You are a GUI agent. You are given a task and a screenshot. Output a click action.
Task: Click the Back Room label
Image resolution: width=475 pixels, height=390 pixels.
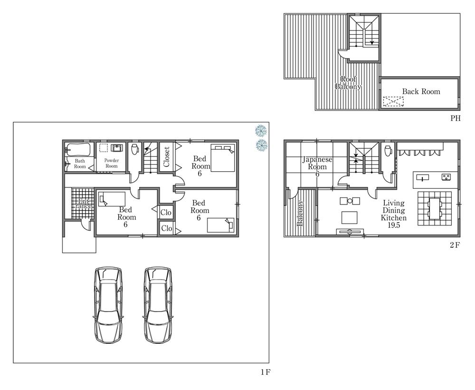[x=421, y=91]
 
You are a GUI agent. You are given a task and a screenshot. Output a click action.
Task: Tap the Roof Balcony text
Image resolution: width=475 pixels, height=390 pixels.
[x=348, y=83]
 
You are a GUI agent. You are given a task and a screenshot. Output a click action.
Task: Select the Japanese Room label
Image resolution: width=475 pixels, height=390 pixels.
[x=317, y=163]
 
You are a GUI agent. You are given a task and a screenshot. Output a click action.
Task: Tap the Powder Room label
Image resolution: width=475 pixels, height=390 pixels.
[x=112, y=163]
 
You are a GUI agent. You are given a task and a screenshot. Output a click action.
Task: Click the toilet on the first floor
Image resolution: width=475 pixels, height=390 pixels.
[x=135, y=149]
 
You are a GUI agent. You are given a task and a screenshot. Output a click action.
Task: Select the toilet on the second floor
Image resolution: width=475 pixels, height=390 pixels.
[x=388, y=150]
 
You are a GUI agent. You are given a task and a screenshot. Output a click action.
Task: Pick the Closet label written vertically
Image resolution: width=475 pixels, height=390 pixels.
[x=166, y=157]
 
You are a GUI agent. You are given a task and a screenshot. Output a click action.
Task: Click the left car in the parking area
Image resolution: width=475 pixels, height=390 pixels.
[x=108, y=305]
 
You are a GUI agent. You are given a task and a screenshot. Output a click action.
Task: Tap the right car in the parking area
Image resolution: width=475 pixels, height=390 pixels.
[x=158, y=305]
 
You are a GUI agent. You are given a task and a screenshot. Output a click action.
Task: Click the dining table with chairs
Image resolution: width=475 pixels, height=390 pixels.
[x=435, y=208]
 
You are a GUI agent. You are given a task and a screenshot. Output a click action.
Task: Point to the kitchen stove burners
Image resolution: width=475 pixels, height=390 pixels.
[x=446, y=177]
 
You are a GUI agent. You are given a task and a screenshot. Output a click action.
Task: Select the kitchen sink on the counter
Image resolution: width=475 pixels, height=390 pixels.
[x=423, y=177]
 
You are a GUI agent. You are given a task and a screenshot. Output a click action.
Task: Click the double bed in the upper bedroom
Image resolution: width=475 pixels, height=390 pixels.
[x=223, y=158]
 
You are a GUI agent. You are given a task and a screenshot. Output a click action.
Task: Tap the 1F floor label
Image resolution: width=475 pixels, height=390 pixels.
[x=265, y=372]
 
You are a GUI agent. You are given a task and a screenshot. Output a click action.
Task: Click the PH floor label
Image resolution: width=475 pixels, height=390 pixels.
[x=456, y=118]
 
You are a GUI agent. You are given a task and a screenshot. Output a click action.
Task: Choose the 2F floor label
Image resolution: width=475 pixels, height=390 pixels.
[x=455, y=245]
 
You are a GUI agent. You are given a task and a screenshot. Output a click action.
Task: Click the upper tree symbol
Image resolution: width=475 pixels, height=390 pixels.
[x=261, y=131]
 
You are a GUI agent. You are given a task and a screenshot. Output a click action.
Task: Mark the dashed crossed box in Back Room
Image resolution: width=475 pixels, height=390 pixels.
[x=393, y=102]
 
